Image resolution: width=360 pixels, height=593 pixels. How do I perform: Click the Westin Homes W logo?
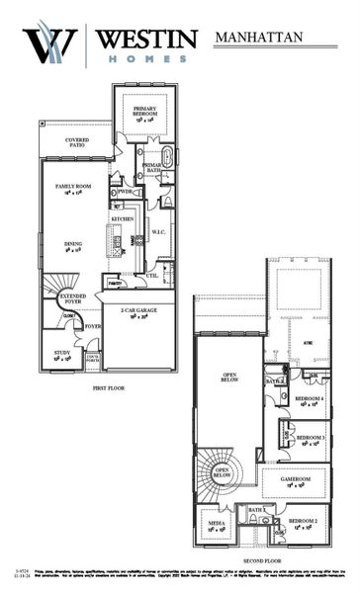point(48,43)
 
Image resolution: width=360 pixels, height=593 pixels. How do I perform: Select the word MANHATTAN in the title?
point(260,39)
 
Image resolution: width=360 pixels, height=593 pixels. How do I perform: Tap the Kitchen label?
point(122,218)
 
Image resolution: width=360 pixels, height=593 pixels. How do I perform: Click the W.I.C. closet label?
point(158,233)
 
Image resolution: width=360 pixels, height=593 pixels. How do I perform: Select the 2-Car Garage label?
point(139,313)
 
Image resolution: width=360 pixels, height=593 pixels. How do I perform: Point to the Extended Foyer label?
point(73,298)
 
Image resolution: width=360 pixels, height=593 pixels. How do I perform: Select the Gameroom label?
point(296,479)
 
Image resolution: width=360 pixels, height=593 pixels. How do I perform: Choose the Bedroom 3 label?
point(311,437)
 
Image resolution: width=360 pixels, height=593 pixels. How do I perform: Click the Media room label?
point(215,521)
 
